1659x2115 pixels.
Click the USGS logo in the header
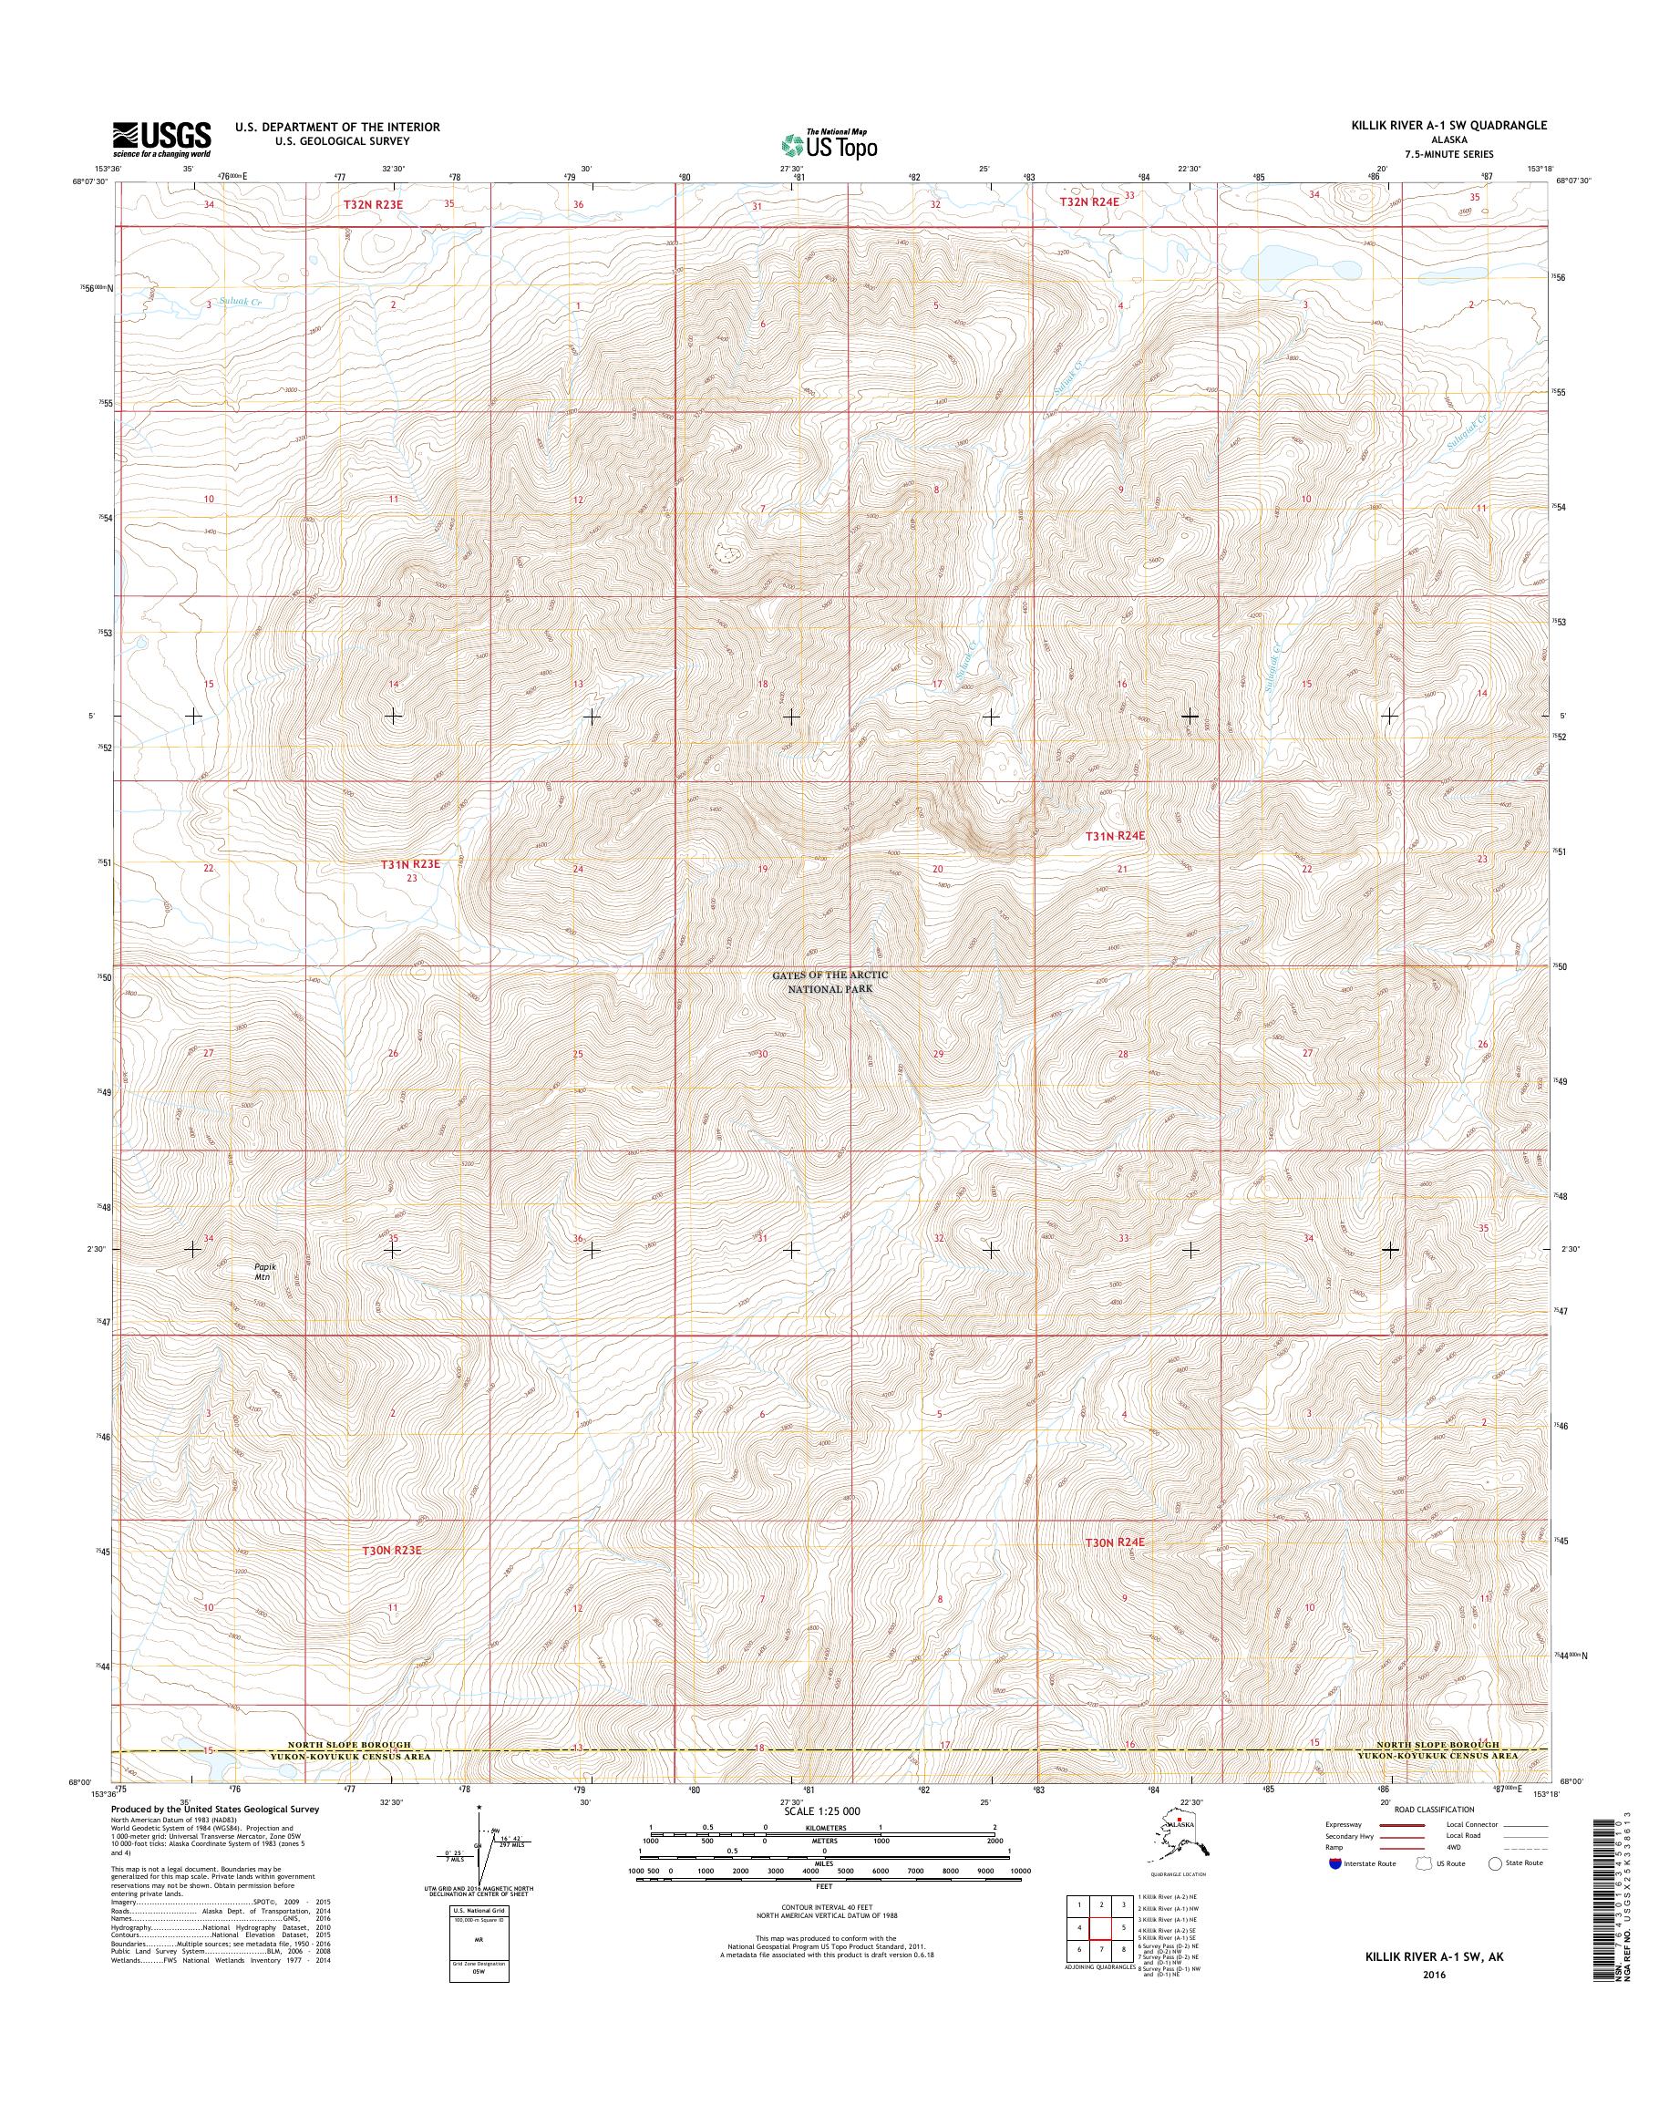click(161, 139)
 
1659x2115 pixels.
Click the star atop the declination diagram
click(479, 1810)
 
